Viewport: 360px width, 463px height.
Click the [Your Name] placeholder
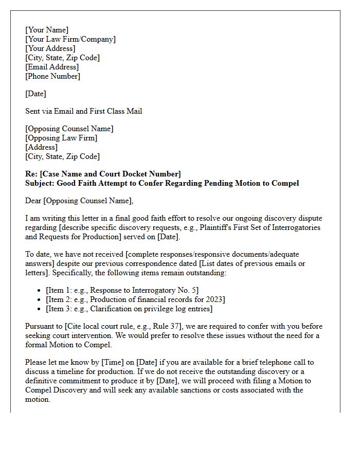(47, 30)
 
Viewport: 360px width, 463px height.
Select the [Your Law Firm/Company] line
(70, 39)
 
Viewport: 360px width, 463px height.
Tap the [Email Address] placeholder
(52, 67)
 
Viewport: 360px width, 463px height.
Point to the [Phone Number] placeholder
(52, 76)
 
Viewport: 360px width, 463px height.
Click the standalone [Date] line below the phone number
(35, 94)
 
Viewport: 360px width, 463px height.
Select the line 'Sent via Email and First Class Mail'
(84, 111)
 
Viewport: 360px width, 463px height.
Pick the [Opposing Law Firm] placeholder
(61, 138)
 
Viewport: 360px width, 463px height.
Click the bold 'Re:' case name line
(103, 174)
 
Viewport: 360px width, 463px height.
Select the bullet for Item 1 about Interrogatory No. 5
(122, 290)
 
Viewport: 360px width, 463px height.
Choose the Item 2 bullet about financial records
(135, 299)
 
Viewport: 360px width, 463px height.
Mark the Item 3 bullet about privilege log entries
(129, 309)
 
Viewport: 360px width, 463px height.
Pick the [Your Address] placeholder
(50, 48)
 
